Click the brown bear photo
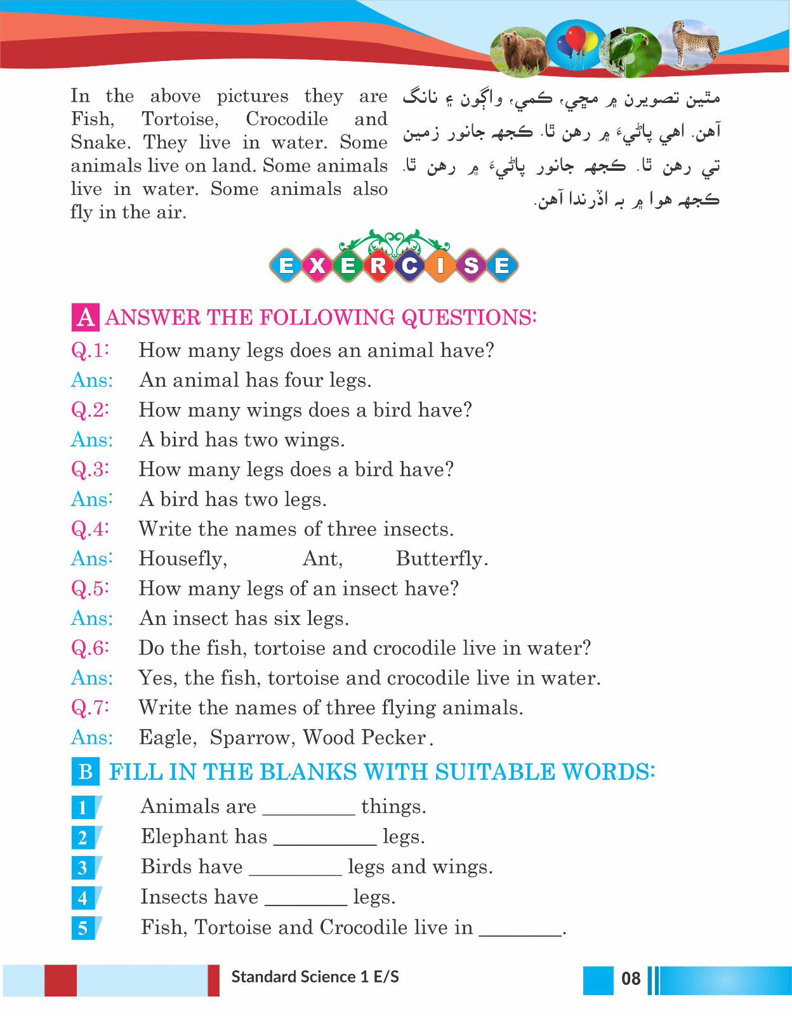coord(519,51)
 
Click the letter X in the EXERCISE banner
coord(317,265)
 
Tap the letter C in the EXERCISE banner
coord(409,265)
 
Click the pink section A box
coord(85,317)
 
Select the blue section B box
coord(85,772)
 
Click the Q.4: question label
coord(90,528)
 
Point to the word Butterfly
coord(441,558)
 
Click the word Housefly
coord(182,558)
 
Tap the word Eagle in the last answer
coord(168,737)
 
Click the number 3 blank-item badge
coord(83,867)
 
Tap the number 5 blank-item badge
coord(83,928)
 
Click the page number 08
coord(631,979)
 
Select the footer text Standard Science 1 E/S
coord(315,977)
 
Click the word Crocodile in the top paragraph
coord(287,119)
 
